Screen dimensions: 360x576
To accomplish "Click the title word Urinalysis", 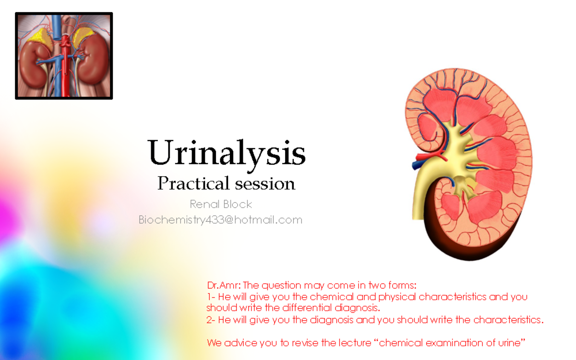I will [x=227, y=153].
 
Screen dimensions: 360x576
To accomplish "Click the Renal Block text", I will [x=221, y=204].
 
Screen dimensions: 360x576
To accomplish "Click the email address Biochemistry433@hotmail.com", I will [x=220, y=220].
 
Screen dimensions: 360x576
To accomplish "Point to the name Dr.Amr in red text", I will [x=223, y=285].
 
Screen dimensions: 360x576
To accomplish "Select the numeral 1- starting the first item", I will [x=211, y=297].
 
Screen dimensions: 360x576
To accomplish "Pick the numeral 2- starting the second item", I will [x=211, y=320].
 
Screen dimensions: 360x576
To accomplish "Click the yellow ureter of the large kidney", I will [x=422, y=192].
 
